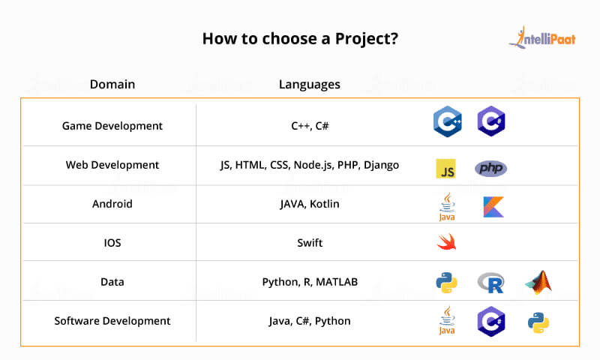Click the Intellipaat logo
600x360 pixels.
tap(542, 37)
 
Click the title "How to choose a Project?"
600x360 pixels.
tap(301, 39)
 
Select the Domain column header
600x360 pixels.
tap(112, 84)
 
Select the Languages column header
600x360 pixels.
tap(310, 85)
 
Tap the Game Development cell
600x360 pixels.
tap(112, 126)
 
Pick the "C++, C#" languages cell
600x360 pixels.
tap(310, 126)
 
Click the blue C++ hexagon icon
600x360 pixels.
tap(447, 121)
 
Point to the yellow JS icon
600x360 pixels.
tap(446, 169)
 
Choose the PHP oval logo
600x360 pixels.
tap(491, 168)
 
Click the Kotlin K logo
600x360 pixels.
tap(493, 207)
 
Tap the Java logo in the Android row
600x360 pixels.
tap(447, 206)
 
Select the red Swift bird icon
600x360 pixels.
tap(446, 241)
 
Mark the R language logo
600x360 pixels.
tap(491, 283)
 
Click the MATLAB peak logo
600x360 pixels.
tap(538, 282)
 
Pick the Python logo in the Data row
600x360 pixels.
tap(446, 283)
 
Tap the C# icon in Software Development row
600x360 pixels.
tap(491, 321)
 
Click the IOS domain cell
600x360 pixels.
tap(112, 243)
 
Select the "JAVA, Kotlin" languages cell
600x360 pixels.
tap(310, 204)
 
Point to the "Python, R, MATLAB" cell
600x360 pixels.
tap(310, 282)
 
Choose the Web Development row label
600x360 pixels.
tap(112, 165)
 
